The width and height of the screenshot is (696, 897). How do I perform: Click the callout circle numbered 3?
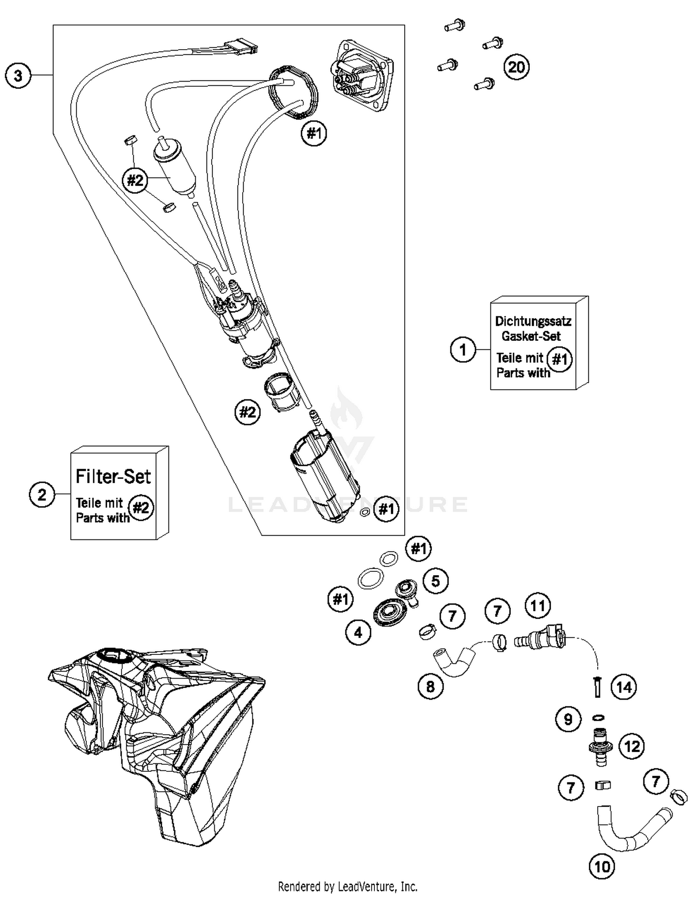pos(18,75)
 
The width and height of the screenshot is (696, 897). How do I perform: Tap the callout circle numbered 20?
pos(516,67)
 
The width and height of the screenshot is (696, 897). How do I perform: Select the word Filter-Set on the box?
pos(113,476)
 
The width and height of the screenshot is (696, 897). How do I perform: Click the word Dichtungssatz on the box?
pos(533,321)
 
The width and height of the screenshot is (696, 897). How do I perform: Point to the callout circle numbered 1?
pos(463,349)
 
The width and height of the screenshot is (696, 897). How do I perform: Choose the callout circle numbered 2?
pos(42,494)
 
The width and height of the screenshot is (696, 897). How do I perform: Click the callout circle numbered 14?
pos(624,687)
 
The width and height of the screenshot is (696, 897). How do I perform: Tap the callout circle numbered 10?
pos(602,866)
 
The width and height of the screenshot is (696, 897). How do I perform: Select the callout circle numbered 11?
pos(538,606)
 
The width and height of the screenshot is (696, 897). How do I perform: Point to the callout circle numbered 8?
pos(431,686)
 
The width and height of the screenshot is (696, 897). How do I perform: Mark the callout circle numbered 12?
pos(632,746)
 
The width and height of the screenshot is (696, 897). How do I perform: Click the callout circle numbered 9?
pos(568,719)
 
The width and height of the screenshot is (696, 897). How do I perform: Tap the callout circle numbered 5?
pos(435,581)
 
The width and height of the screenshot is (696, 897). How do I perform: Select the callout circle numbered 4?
pos(358,632)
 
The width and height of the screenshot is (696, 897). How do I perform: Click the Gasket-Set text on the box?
pos(531,336)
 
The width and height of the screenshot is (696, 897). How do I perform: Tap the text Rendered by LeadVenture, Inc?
pos(348,886)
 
